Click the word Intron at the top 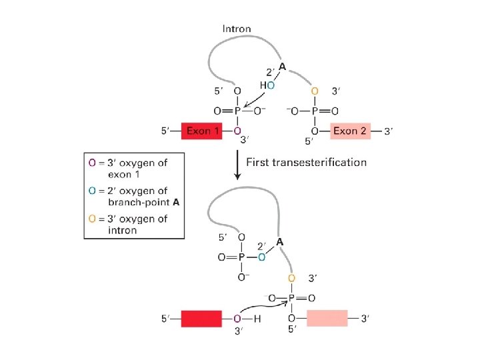237,29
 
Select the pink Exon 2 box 349,131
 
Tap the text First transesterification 307,162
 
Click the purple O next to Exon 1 237,131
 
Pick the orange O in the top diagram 315,91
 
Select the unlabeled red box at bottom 201,319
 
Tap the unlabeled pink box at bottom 327,319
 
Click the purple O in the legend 93,163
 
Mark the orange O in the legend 93,219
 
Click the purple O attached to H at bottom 237,319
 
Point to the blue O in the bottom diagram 262,257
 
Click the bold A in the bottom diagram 280,243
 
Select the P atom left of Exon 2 315,111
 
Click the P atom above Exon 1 237,111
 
